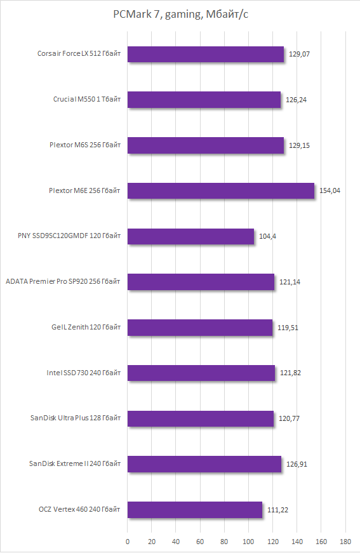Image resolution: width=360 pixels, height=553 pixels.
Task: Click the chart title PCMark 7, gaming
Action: (180, 15)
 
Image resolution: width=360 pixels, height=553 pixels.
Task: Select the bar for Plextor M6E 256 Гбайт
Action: (221, 191)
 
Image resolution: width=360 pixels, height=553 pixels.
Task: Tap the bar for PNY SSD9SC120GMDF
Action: (190, 237)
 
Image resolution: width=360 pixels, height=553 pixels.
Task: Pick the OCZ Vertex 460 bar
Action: (195, 510)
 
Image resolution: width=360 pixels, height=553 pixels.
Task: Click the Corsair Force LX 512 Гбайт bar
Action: (206, 55)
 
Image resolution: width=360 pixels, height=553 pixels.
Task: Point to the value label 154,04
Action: (330, 191)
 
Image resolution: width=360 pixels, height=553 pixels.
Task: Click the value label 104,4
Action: (267, 237)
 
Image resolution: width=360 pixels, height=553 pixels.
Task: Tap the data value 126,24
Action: (296, 100)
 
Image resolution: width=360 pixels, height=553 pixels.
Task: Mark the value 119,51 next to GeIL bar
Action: (288, 328)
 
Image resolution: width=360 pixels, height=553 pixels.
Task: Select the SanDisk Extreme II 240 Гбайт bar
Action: (204, 464)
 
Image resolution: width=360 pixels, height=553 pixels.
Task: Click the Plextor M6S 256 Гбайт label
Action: (85, 145)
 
